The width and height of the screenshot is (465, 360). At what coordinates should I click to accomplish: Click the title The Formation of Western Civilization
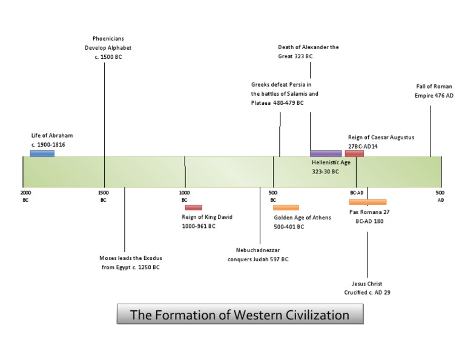click(240, 315)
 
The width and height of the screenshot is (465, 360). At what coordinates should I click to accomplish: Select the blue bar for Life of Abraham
click(42, 153)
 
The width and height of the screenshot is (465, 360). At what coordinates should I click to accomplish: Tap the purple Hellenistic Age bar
click(326, 153)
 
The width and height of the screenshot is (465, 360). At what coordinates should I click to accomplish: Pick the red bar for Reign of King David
click(194, 207)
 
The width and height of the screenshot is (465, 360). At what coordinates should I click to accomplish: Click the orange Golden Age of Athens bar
click(286, 207)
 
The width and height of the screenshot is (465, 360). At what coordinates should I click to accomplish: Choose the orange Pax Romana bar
click(368, 202)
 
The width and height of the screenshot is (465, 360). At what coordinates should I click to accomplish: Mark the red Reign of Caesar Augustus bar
click(354, 153)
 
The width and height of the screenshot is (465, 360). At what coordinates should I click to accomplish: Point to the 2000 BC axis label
click(25, 195)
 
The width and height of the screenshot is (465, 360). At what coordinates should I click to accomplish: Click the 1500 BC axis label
click(104, 195)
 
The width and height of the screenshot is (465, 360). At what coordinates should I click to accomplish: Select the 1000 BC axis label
click(184, 195)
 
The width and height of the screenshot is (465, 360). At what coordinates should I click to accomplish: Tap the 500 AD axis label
click(440, 195)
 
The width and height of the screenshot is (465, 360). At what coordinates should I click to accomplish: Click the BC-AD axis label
click(356, 193)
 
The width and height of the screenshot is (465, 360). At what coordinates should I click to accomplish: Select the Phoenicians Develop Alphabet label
click(108, 48)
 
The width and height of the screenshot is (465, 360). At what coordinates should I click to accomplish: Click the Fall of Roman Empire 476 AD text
click(434, 91)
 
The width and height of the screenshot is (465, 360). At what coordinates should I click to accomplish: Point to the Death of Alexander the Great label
click(308, 51)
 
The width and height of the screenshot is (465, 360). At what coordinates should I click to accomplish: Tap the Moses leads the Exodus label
click(130, 262)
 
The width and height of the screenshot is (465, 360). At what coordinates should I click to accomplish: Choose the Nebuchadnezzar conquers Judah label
click(258, 254)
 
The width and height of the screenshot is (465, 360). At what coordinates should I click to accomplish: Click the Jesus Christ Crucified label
click(367, 287)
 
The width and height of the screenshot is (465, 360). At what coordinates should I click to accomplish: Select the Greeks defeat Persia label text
click(285, 93)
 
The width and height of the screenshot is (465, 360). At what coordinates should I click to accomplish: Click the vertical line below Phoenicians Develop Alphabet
click(104, 109)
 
